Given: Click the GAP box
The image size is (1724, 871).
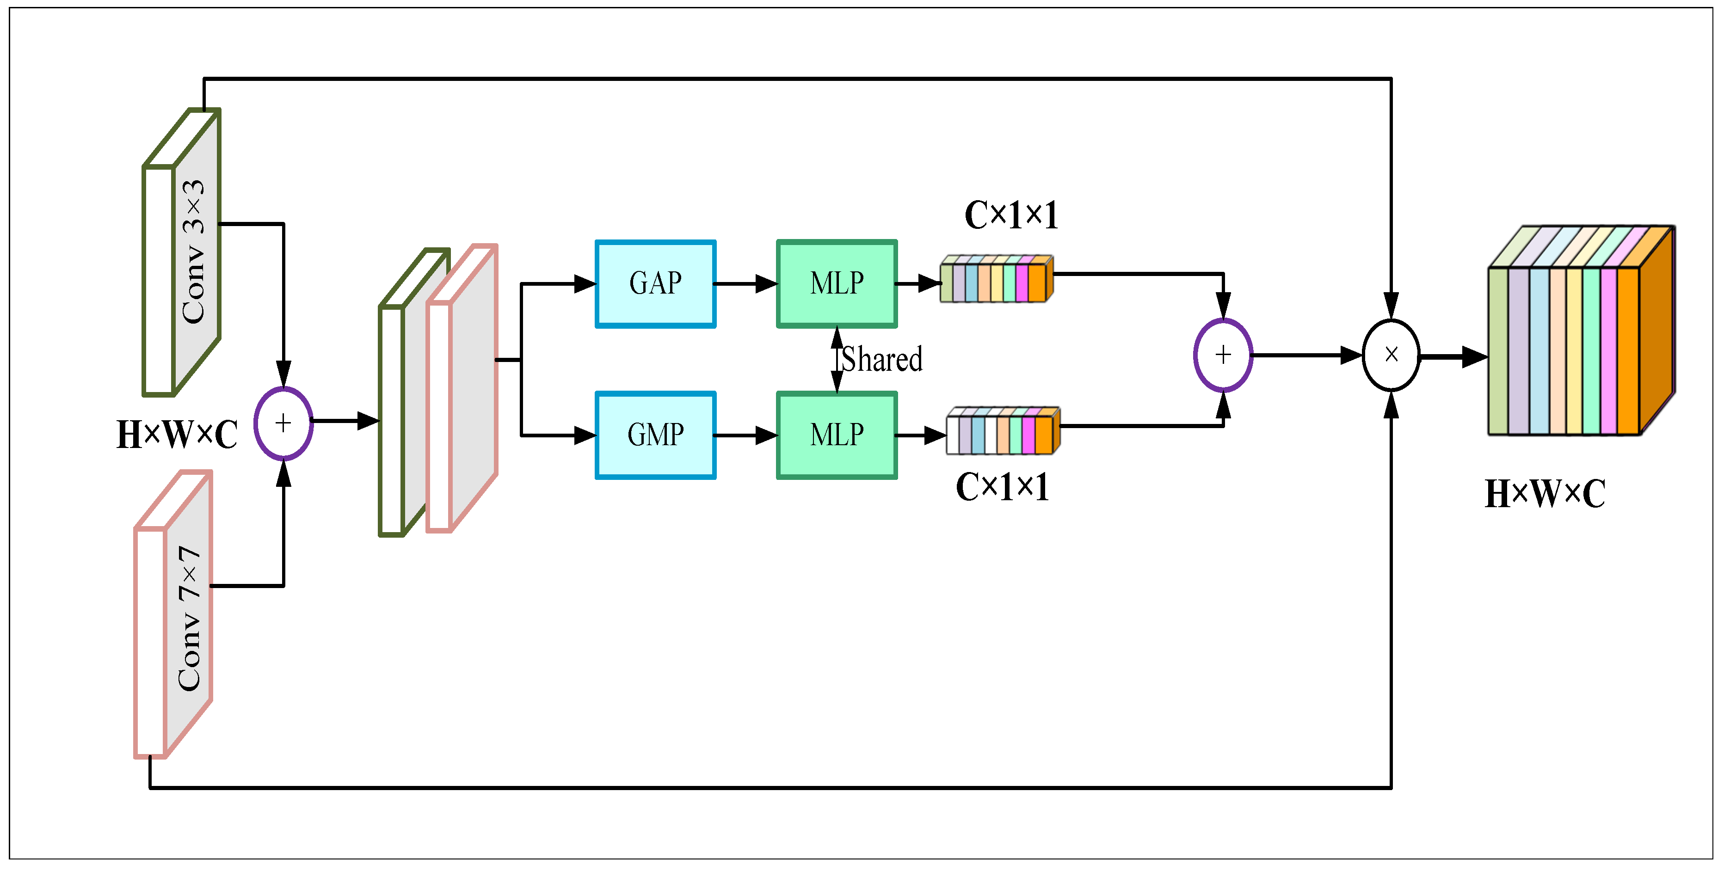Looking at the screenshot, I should [655, 284].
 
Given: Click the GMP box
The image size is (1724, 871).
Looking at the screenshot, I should [655, 435].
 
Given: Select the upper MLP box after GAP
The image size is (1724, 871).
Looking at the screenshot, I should [837, 284].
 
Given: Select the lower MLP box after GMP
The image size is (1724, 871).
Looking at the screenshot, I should [837, 435].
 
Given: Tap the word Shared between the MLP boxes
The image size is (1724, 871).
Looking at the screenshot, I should [881, 360].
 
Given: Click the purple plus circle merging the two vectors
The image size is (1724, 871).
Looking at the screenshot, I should [1223, 355].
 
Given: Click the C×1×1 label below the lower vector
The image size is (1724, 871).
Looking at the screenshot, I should [1002, 487].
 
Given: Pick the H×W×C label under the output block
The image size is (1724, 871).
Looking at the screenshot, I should [1545, 494].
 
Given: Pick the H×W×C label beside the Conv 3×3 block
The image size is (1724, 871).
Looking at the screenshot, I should [177, 435].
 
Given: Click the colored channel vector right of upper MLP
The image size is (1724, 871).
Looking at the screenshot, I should [996, 280].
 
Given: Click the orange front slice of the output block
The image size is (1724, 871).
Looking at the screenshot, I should [1628, 351].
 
